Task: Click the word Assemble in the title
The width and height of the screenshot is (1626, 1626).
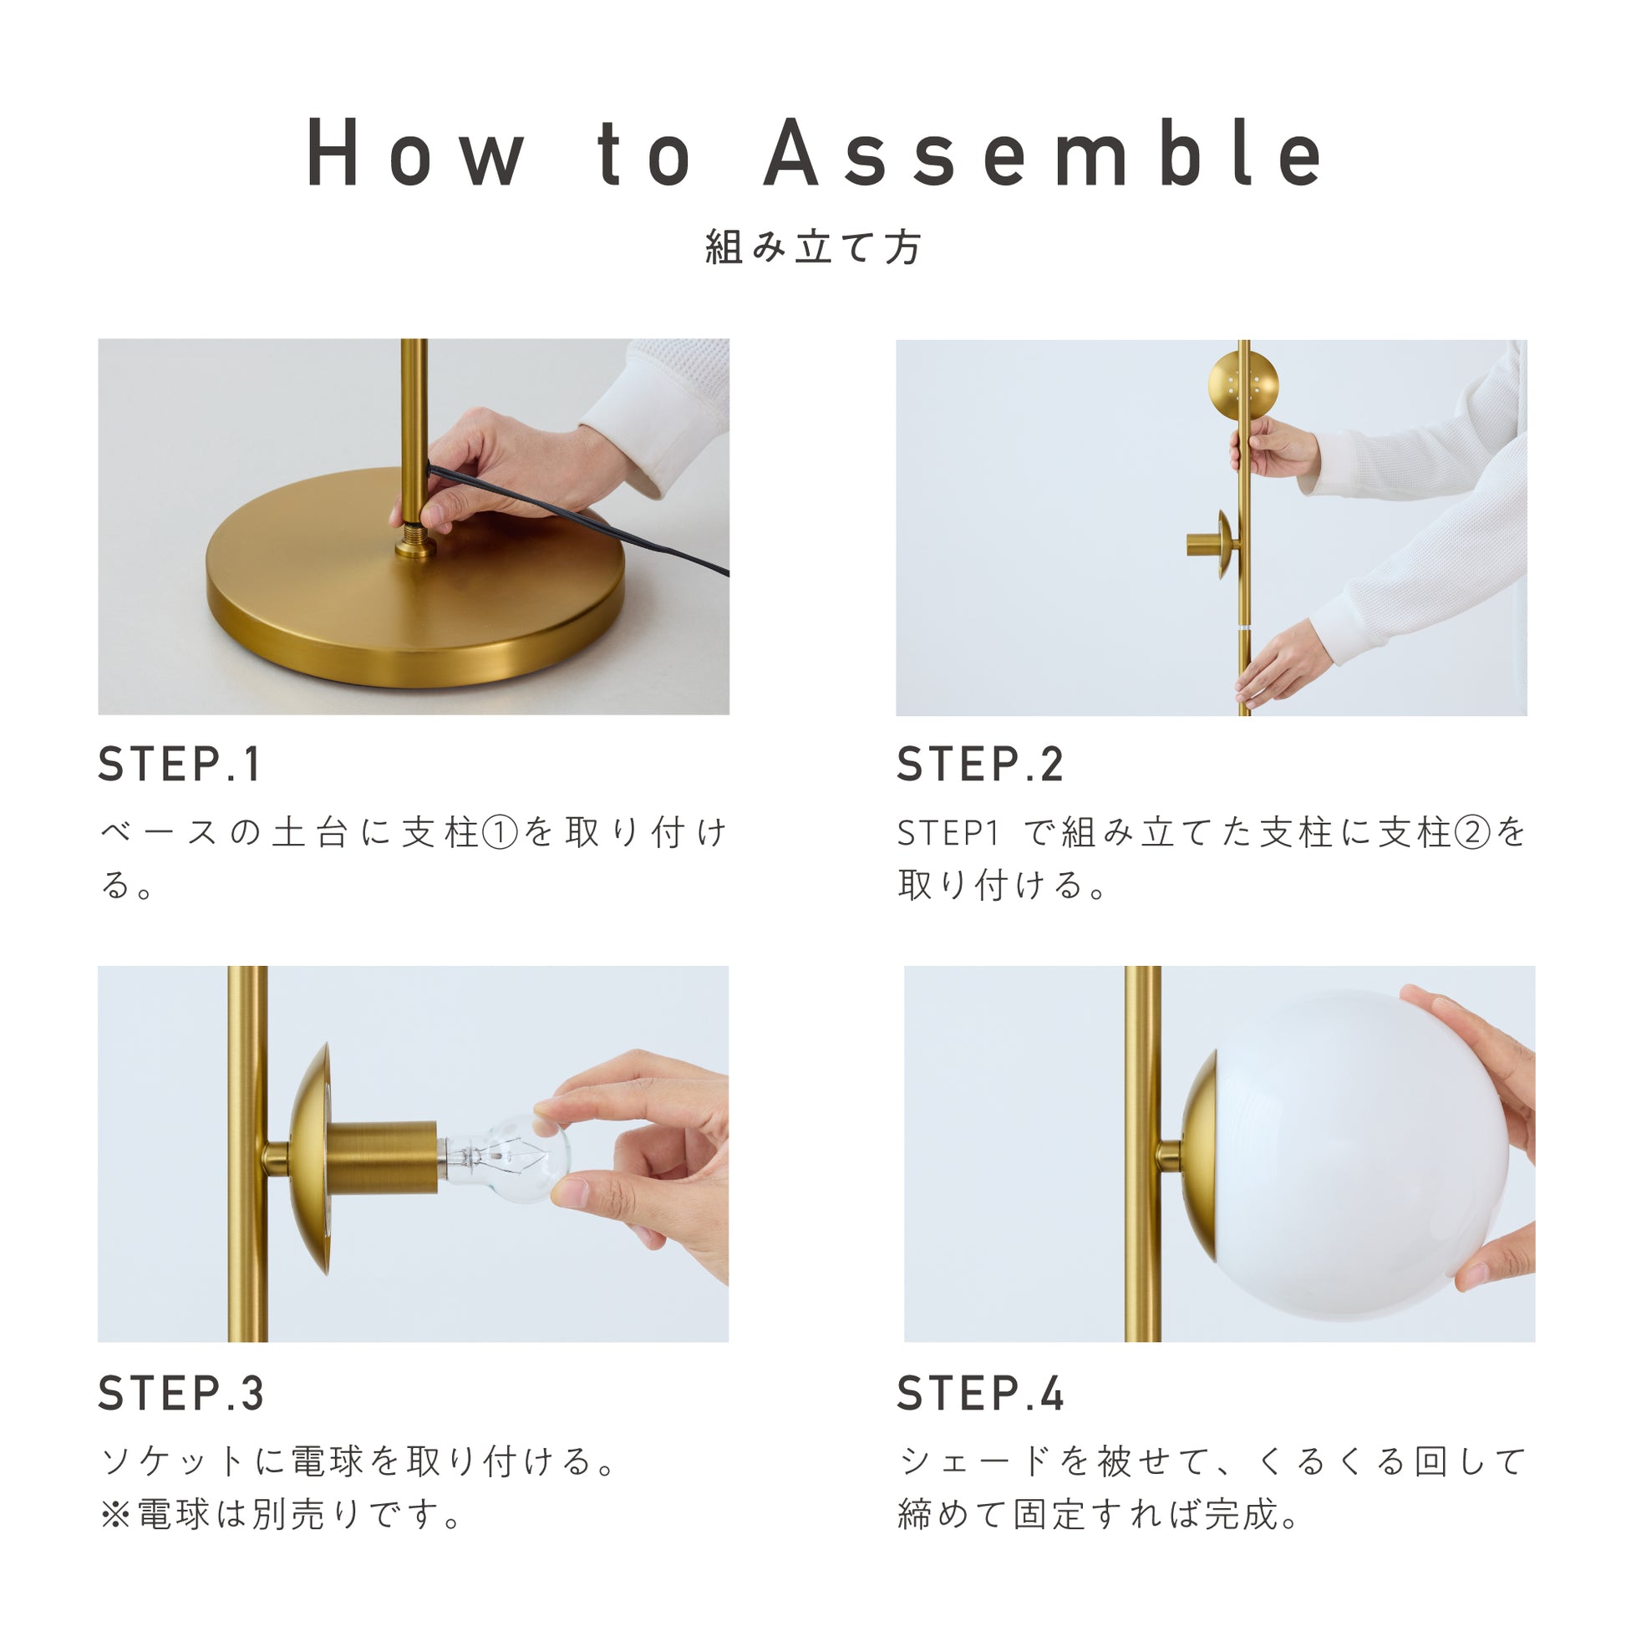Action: coord(1044,152)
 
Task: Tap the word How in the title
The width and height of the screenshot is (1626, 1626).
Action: coord(417,152)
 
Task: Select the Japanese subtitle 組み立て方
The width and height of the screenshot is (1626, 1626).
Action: coord(813,247)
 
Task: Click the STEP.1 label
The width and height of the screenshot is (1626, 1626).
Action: coord(180,765)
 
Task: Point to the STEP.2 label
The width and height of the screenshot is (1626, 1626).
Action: coord(980,765)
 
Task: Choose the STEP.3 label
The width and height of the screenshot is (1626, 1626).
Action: coord(181,1394)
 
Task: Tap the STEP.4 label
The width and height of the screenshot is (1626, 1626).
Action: coord(980,1394)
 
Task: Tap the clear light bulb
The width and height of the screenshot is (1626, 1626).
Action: coord(505,1157)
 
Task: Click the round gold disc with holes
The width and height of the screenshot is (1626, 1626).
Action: coord(1243,384)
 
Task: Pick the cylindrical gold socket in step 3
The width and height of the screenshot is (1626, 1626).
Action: coord(381,1157)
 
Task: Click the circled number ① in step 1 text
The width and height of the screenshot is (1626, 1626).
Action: coord(501,833)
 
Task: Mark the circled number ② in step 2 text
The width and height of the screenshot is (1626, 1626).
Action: coord(1472,833)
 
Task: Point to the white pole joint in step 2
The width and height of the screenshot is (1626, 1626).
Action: coord(1244,628)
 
